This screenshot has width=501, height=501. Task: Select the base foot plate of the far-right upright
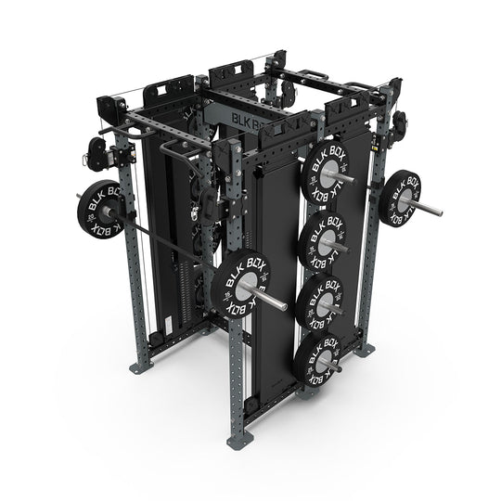pos(368,351)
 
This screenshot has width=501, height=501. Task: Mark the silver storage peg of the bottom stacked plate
pos(327,367)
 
